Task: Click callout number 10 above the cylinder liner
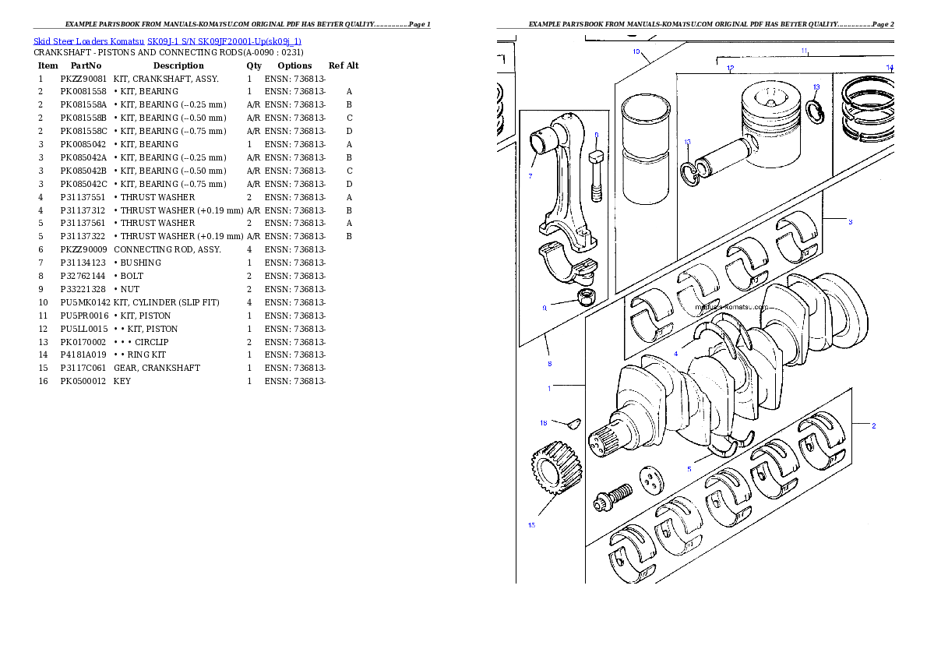point(636,51)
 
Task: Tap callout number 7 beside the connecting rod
point(530,175)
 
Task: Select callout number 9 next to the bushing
point(545,308)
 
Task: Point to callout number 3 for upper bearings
point(851,222)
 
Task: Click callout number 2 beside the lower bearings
point(873,425)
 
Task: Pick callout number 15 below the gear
point(531,525)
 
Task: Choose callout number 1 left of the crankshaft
point(549,388)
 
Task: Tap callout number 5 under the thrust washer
point(689,469)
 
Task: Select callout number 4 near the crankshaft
point(675,354)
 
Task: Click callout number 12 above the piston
point(730,69)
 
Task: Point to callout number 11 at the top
point(804,51)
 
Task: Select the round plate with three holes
point(650,480)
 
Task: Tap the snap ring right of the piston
point(814,111)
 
